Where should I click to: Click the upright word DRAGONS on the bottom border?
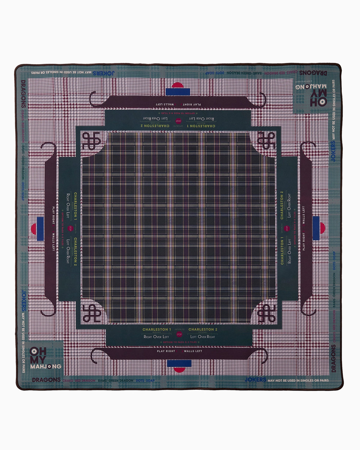(46, 380)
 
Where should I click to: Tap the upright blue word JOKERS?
(255, 379)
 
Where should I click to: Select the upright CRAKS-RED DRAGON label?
(79, 380)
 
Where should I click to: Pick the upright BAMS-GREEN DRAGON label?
(115, 380)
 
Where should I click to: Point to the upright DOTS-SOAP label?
(145, 380)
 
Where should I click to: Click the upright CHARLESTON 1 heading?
(157, 329)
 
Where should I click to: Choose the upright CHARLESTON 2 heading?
(203, 329)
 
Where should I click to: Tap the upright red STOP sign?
(179, 334)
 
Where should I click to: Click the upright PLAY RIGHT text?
(166, 351)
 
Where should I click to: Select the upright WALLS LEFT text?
(193, 351)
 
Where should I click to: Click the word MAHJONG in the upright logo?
(46, 366)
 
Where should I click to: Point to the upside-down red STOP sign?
(179, 121)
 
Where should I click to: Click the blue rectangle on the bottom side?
(179, 363)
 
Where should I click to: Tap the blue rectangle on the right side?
(316, 228)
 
